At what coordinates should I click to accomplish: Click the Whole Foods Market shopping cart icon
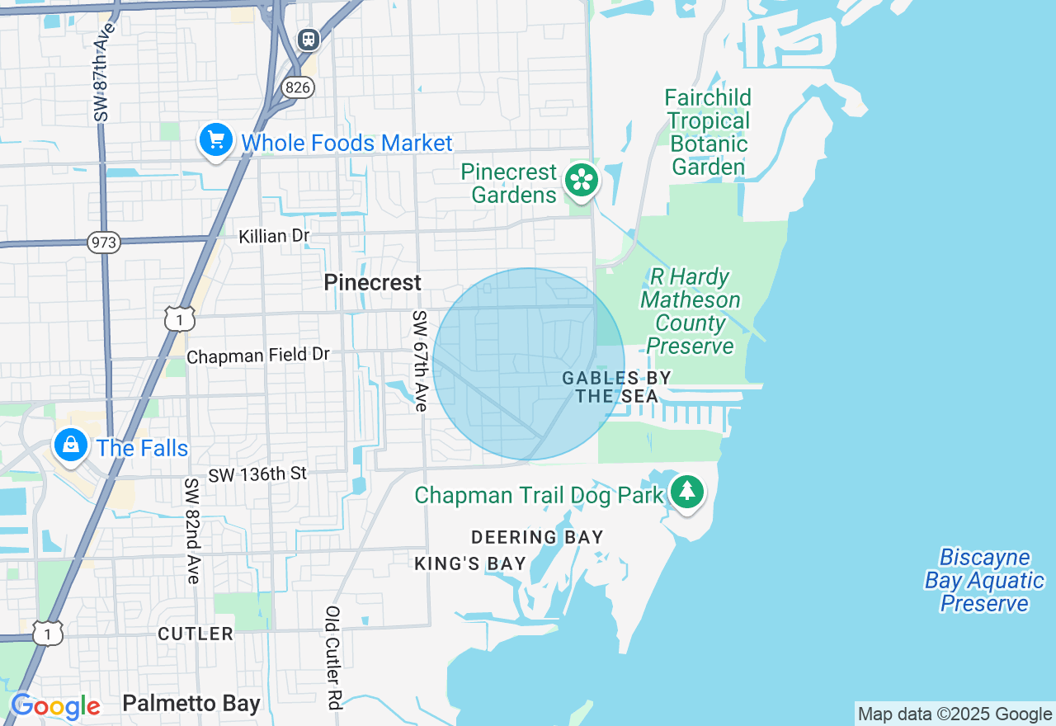pyautogui.click(x=216, y=141)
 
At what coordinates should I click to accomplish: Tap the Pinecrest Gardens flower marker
pyautogui.click(x=582, y=180)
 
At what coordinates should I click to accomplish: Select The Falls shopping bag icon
pyautogui.click(x=71, y=445)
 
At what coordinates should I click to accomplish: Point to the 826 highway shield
pyautogui.click(x=297, y=86)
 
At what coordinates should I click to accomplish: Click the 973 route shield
pyautogui.click(x=104, y=243)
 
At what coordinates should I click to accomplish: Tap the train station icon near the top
pyautogui.click(x=308, y=38)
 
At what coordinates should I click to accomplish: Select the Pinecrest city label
pyautogui.click(x=372, y=282)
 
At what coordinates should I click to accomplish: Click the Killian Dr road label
pyautogui.click(x=274, y=236)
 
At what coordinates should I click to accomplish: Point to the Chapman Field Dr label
pyautogui.click(x=258, y=356)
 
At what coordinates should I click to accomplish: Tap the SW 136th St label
pyautogui.click(x=257, y=474)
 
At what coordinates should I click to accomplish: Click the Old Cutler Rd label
pyautogui.click(x=332, y=658)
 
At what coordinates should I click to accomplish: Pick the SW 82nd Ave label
pyautogui.click(x=191, y=530)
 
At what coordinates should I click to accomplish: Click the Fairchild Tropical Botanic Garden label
pyautogui.click(x=708, y=133)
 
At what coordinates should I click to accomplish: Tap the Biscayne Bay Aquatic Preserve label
pyautogui.click(x=984, y=581)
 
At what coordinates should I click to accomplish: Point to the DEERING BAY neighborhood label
pyautogui.click(x=537, y=537)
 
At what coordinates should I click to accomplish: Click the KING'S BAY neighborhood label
pyautogui.click(x=470, y=563)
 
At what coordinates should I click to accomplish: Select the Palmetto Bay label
pyautogui.click(x=191, y=704)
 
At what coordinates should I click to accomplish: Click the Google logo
pyautogui.click(x=55, y=706)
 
